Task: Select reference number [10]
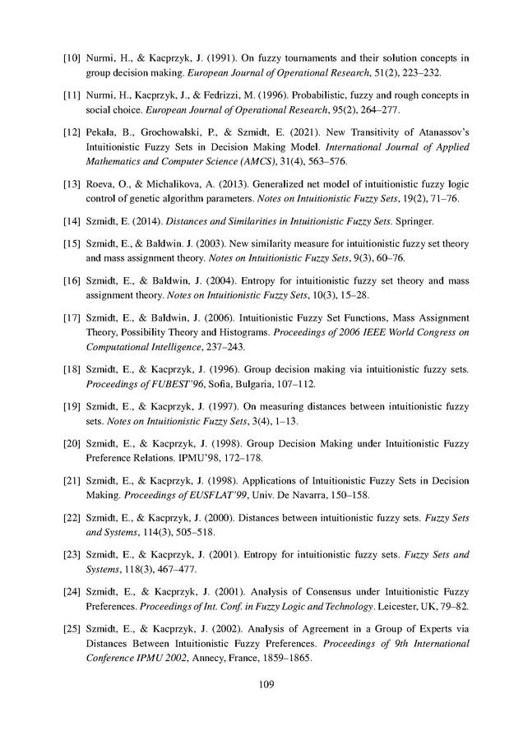73,58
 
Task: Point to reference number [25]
73,631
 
